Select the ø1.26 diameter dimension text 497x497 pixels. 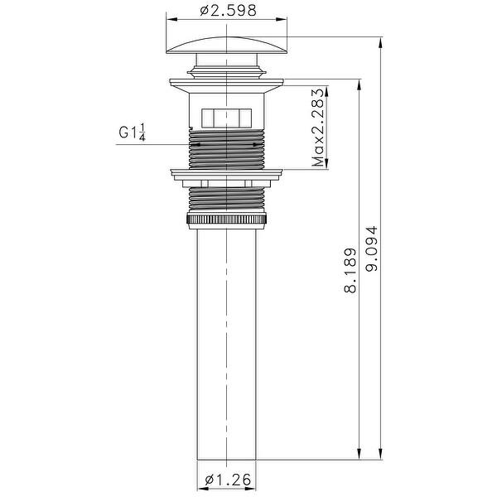(228, 479)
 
